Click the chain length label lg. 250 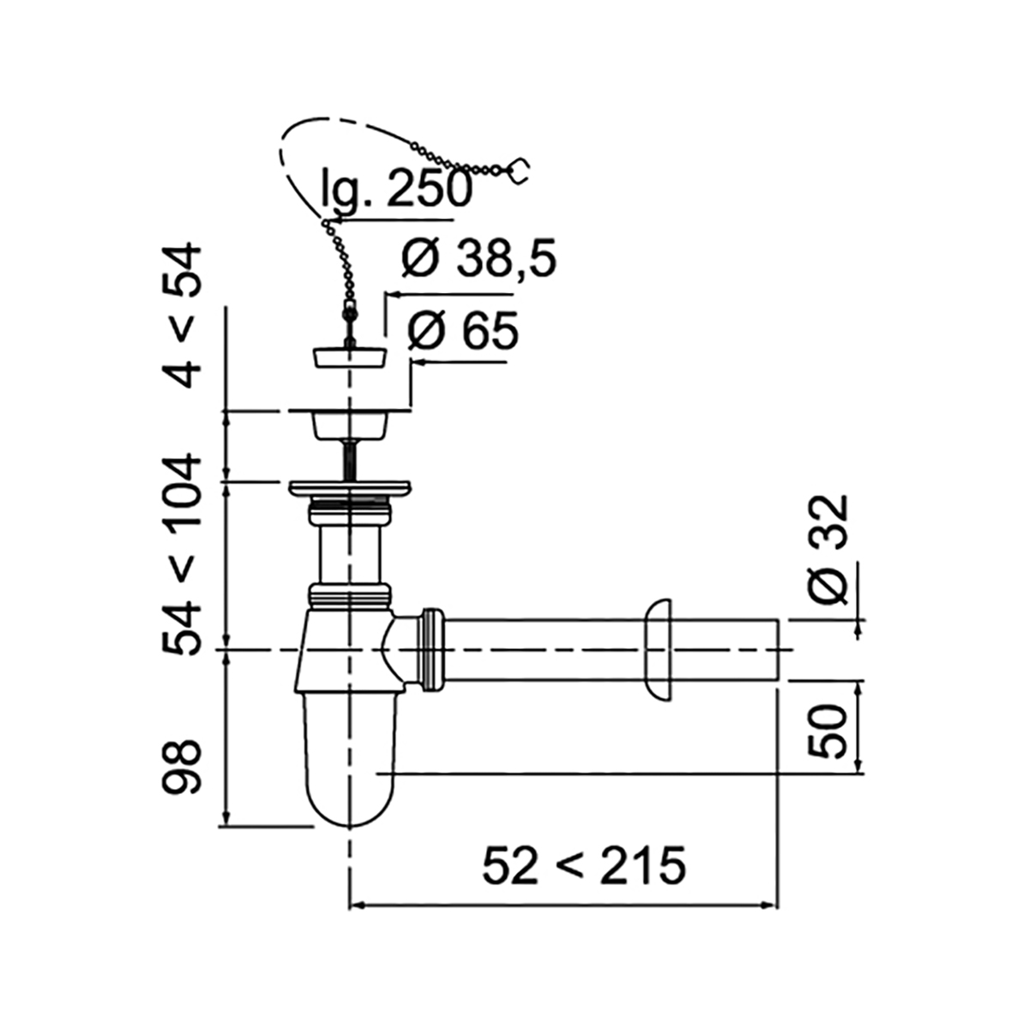(396, 189)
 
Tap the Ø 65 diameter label (463, 331)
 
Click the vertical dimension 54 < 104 (183, 556)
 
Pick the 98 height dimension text (183, 767)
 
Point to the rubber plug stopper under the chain (348, 357)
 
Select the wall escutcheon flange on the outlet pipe (659, 650)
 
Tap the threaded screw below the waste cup (350, 460)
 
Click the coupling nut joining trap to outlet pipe (434, 649)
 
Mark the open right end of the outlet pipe (775, 650)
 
